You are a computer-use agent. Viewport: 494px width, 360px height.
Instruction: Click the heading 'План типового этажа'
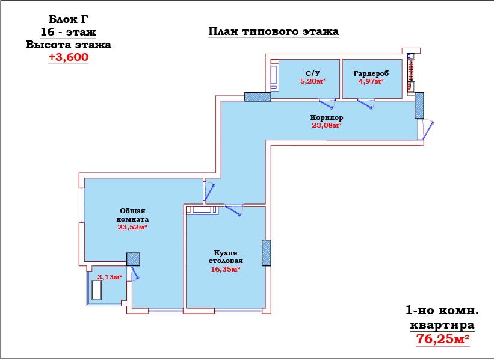click(273, 31)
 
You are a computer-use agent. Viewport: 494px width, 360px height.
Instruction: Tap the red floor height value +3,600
click(69, 57)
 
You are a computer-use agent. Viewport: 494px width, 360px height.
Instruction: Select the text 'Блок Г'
click(68, 19)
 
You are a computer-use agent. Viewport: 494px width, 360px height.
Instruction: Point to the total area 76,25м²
click(443, 339)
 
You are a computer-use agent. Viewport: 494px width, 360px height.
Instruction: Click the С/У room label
click(312, 73)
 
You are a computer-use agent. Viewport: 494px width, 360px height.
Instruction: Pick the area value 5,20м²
click(312, 81)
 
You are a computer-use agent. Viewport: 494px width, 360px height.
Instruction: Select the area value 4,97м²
click(371, 81)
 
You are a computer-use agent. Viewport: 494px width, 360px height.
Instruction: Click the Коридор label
click(327, 117)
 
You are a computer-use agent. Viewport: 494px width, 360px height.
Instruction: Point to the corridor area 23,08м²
click(327, 125)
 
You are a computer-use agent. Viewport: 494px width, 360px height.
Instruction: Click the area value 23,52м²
click(132, 227)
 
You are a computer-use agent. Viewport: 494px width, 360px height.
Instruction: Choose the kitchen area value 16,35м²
click(226, 269)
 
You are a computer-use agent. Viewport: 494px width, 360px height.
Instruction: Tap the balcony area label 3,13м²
click(110, 277)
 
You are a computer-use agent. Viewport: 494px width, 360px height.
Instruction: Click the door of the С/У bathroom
click(327, 104)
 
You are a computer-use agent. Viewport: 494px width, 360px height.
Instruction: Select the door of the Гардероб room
click(366, 104)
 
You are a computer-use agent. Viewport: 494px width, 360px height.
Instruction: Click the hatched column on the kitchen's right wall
click(267, 253)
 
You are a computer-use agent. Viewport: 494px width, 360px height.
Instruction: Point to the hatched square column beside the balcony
click(133, 259)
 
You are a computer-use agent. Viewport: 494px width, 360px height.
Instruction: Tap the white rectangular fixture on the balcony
click(97, 290)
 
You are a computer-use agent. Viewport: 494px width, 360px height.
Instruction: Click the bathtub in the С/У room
click(274, 78)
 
